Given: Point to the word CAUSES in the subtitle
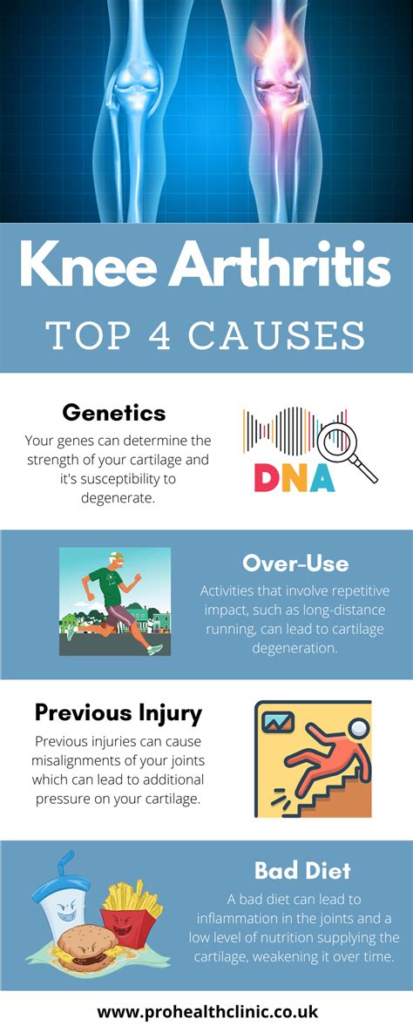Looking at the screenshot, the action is [x=277, y=335].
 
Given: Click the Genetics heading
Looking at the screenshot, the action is [x=114, y=413].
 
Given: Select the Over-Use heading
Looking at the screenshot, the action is [x=295, y=563].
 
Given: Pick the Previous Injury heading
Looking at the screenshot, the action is [x=118, y=712].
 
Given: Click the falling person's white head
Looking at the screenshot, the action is [x=359, y=728].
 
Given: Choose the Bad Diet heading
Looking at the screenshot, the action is [x=302, y=872].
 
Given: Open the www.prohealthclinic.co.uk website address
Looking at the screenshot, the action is [x=206, y=1011].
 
